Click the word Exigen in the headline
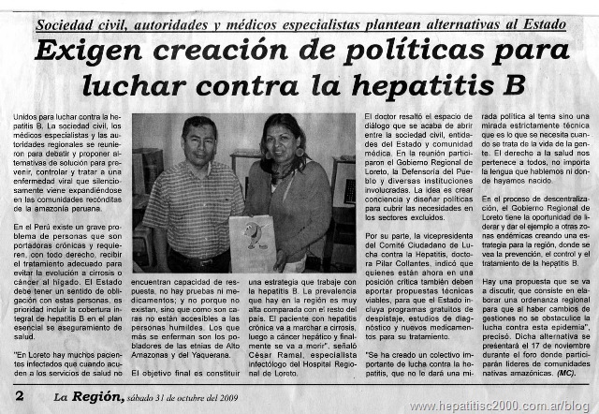pos(95,51)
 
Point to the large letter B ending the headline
pos(511,86)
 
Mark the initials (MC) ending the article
pos(564,372)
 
